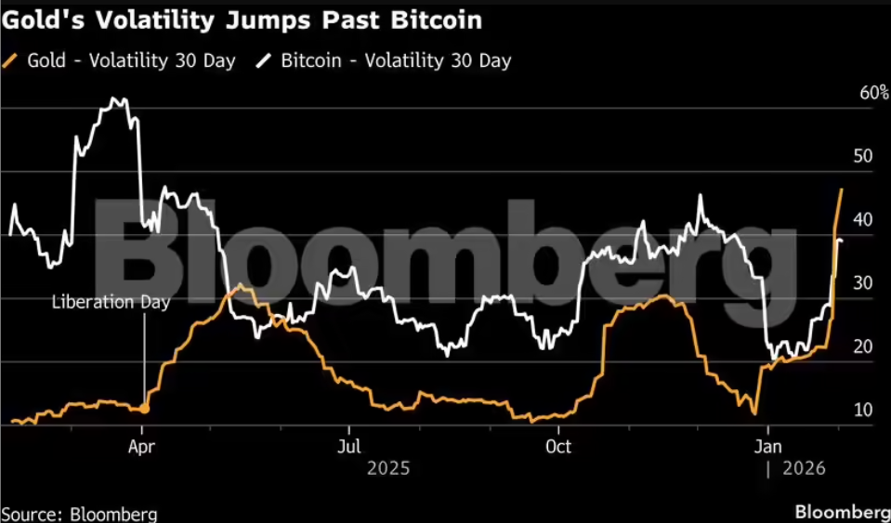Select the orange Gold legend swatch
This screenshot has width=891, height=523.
(x=11, y=61)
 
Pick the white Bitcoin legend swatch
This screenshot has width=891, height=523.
(x=265, y=61)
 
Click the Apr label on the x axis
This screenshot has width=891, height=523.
(x=141, y=446)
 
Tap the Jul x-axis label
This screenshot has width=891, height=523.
(x=348, y=446)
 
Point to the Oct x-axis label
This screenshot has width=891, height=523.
(x=557, y=446)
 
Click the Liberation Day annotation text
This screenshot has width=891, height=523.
(x=111, y=302)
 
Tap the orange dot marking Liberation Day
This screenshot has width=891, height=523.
(x=144, y=408)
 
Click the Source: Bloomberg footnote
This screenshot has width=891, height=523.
(x=79, y=513)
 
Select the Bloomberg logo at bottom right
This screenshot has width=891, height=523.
(x=842, y=512)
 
